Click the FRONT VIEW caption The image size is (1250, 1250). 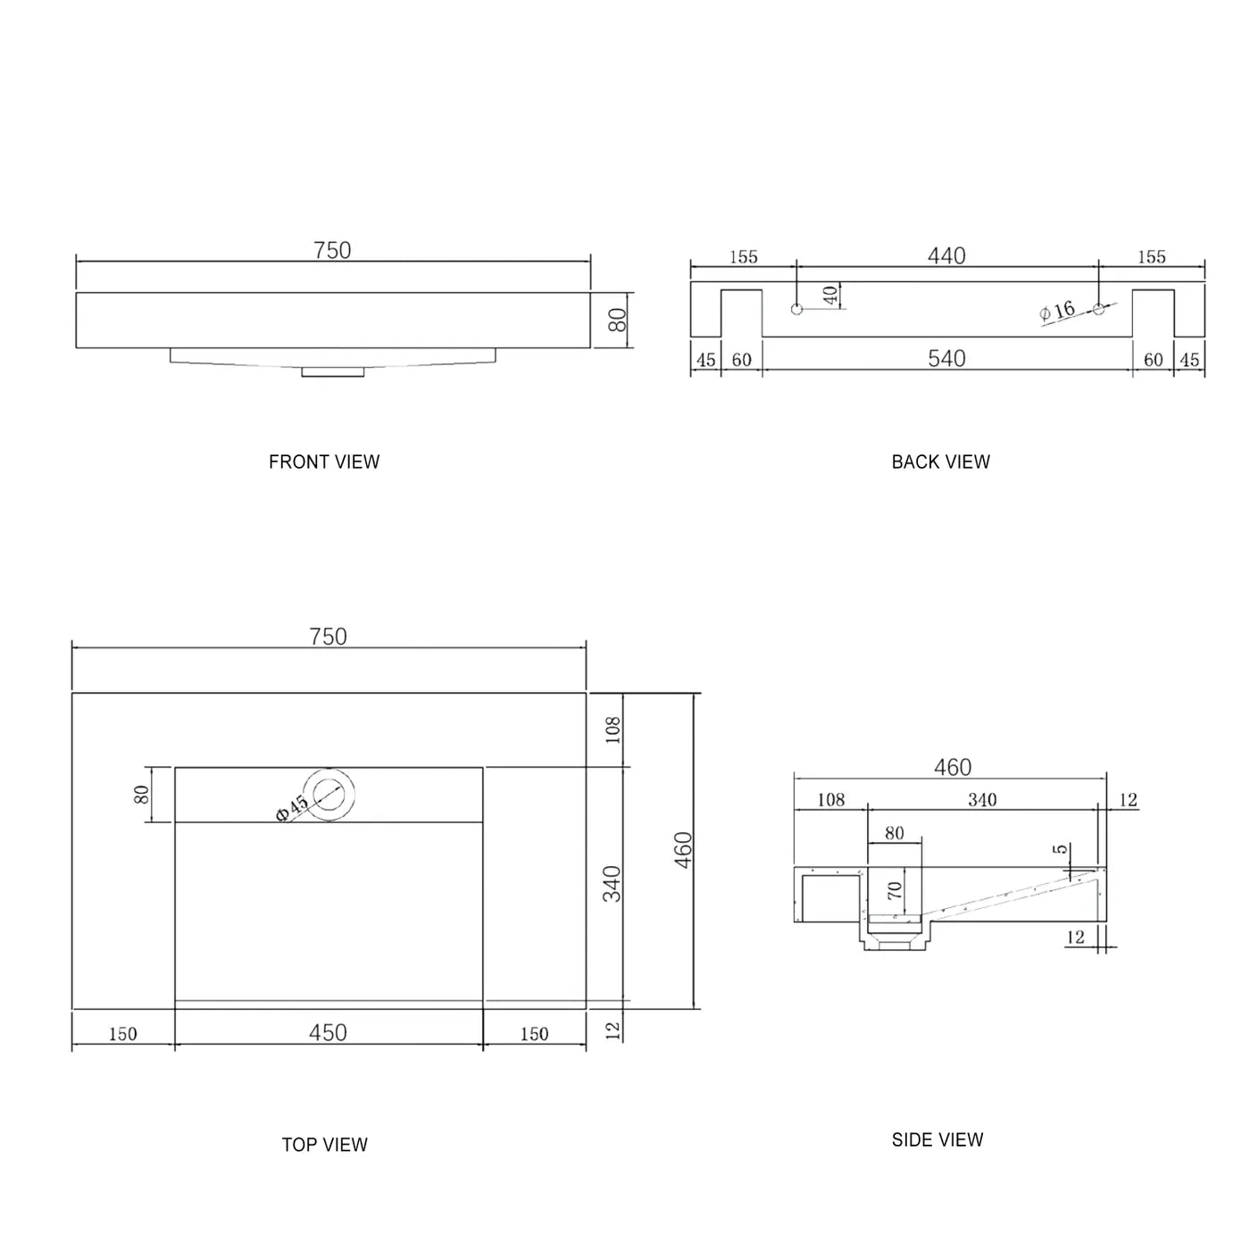324,462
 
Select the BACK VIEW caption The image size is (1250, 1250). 940,462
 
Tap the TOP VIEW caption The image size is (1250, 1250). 324,1145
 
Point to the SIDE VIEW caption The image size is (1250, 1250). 937,1139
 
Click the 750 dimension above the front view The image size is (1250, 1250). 332,251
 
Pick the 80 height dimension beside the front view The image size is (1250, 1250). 618,319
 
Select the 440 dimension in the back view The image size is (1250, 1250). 946,256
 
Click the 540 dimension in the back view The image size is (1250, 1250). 946,359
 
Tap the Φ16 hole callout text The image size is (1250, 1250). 1058,312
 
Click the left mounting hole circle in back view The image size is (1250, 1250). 797,309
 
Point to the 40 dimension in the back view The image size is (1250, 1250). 831,296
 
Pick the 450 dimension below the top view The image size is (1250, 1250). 328,1033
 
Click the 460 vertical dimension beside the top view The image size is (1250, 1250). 683,850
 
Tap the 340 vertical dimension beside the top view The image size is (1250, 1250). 612,884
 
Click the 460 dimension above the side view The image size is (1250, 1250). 953,768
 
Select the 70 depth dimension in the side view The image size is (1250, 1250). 895,890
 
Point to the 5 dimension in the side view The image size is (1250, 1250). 1060,849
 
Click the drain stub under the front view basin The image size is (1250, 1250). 332,371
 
